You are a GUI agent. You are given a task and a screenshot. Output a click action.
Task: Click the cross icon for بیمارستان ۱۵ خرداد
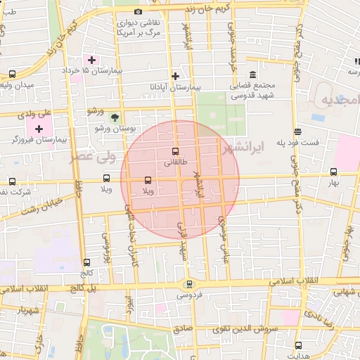(x=91, y=60)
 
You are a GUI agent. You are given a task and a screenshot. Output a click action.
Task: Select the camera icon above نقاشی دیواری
(x=138, y=12)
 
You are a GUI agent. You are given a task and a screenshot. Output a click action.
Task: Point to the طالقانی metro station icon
(x=175, y=151)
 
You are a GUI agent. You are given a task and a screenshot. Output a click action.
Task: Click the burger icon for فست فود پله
(x=298, y=131)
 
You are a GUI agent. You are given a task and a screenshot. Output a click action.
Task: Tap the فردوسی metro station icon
(x=188, y=284)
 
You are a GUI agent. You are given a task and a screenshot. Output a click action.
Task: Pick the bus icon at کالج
(x=86, y=262)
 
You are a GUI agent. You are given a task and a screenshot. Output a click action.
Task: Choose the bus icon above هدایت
(x=298, y=345)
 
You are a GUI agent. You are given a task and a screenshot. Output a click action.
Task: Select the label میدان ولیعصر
(x=16, y=86)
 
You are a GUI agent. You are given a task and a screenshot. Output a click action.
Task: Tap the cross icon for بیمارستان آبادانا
(x=175, y=76)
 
